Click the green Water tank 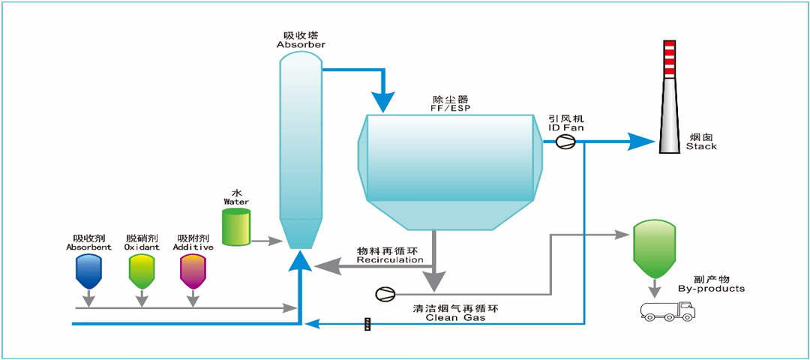click(236, 226)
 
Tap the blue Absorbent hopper click(88, 271)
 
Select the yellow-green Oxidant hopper click(140, 271)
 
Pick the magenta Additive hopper click(193, 271)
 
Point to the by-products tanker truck click(667, 310)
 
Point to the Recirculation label click(390, 260)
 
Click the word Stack click(701, 146)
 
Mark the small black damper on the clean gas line click(367, 324)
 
